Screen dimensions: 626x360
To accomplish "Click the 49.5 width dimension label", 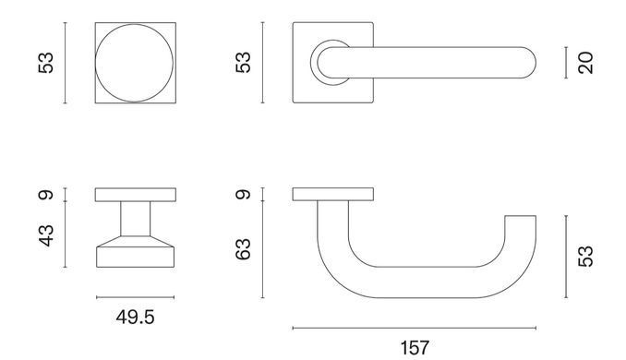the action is pyautogui.click(x=135, y=318).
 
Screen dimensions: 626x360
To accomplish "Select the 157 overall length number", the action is pyautogui.click(x=415, y=348).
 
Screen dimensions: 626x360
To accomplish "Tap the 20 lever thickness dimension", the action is pyautogui.click(x=585, y=63).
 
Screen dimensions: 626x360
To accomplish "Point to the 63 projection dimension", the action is pyautogui.click(x=243, y=249).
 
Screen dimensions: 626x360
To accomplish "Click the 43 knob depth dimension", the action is pyautogui.click(x=46, y=235).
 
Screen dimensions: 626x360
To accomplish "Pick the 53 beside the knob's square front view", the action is pyautogui.click(x=46, y=63).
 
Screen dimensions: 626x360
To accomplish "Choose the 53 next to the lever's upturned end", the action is pyautogui.click(x=585, y=257).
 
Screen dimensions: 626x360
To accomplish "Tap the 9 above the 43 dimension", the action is pyautogui.click(x=46, y=195).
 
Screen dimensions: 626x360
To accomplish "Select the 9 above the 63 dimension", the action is pyautogui.click(x=243, y=195).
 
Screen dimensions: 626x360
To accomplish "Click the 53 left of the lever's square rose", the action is pyautogui.click(x=243, y=63).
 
